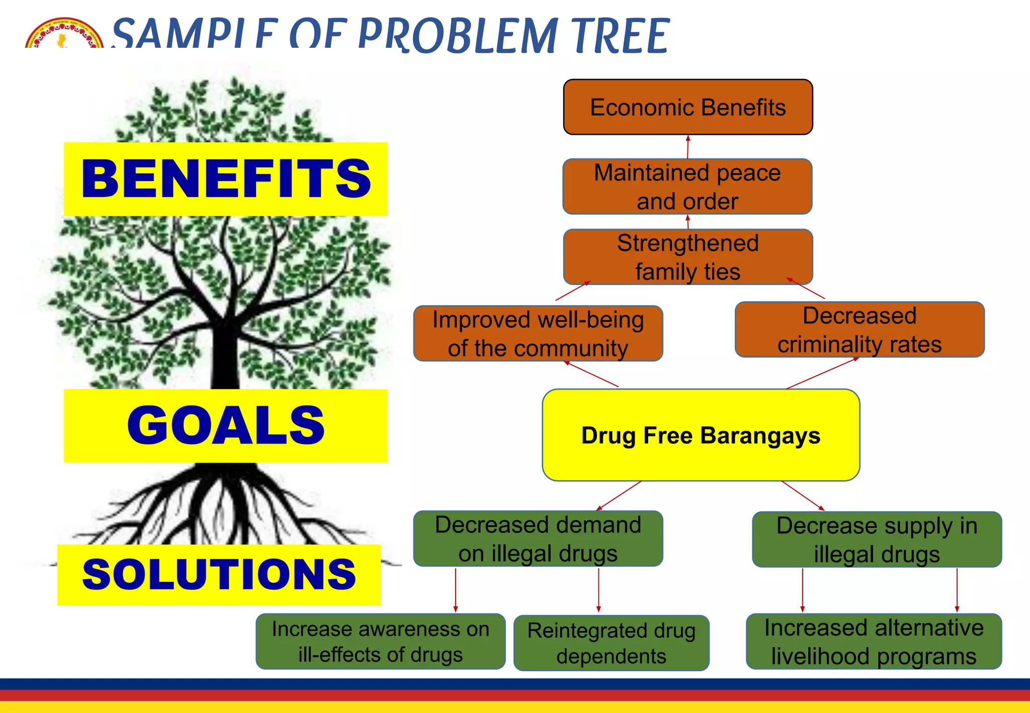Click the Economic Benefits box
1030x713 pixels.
pos(688,107)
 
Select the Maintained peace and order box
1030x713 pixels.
pos(687,187)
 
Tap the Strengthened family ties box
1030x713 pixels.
pos(688,257)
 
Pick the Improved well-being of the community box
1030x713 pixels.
pos(538,333)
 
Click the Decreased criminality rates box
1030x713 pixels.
pos(859,330)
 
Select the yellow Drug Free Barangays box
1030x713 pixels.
pos(701,435)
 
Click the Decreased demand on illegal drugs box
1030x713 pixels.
pos(538,539)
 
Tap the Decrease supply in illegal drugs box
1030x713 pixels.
pos(877,540)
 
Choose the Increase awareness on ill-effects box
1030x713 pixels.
pos(380,642)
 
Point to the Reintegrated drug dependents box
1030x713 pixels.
pos(611,643)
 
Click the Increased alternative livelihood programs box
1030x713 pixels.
pos(874,642)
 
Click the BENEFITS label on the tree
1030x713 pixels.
pos(225,179)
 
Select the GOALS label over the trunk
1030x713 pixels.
pos(225,425)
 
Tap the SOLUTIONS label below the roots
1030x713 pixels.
pos(219,575)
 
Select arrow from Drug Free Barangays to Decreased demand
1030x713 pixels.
pos(619,495)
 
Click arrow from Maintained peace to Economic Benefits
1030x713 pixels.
pos(688,146)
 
